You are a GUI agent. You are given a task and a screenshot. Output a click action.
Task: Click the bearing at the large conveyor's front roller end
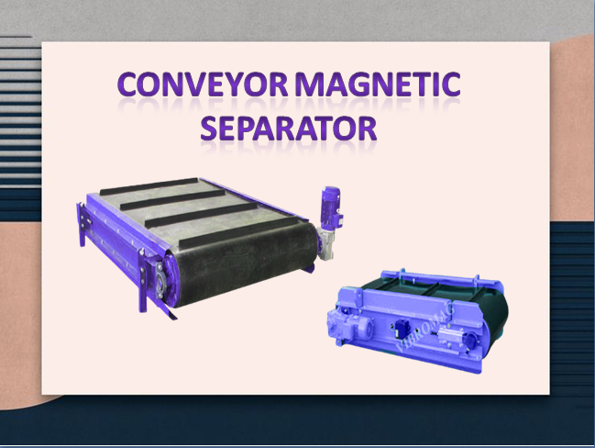point(162,275)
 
